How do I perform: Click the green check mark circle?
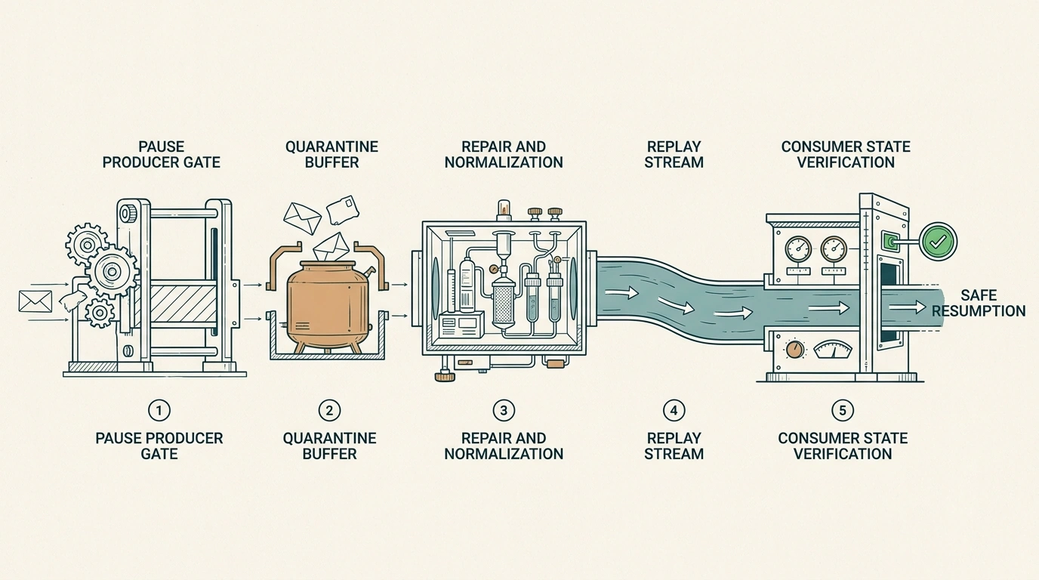pyautogui.click(x=939, y=241)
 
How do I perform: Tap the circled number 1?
pyautogui.click(x=159, y=410)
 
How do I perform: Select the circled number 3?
pyautogui.click(x=504, y=410)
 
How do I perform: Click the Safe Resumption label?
pyautogui.click(x=979, y=303)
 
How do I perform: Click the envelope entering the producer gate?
pyautogui.click(x=35, y=301)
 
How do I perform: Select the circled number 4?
pyautogui.click(x=674, y=410)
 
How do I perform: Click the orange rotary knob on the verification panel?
pyautogui.click(x=795, y=350)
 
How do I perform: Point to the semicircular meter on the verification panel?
pyautogui.click(x=833, y=350)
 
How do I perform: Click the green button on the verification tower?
pyautogui.click(x=890, y=241)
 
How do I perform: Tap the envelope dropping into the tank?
pyautogui.click(x=331, y=247)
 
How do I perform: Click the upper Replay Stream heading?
pyautogui.click(x=674, y=155)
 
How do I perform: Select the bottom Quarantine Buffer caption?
pyautogui.click(x=329, y=446)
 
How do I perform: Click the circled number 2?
pyautogui.click(x=329, y=410)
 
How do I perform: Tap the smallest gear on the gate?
pyautogui.click(x=100, y=313)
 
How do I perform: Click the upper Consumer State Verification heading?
pyautogui.click(x=846, y=155)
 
